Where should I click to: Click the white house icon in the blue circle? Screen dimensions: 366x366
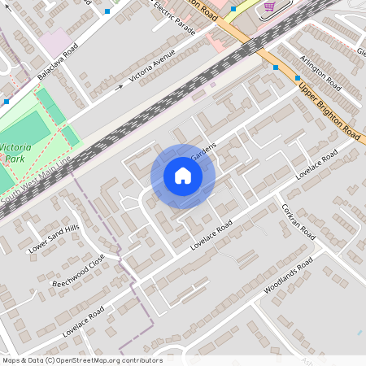pos(182,176)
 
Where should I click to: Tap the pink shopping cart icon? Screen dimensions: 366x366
pos(269,6)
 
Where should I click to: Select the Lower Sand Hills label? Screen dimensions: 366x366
pos(54,238)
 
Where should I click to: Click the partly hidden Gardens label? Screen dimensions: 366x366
pos(203,151)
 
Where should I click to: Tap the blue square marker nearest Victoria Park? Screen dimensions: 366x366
pos(7,102)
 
